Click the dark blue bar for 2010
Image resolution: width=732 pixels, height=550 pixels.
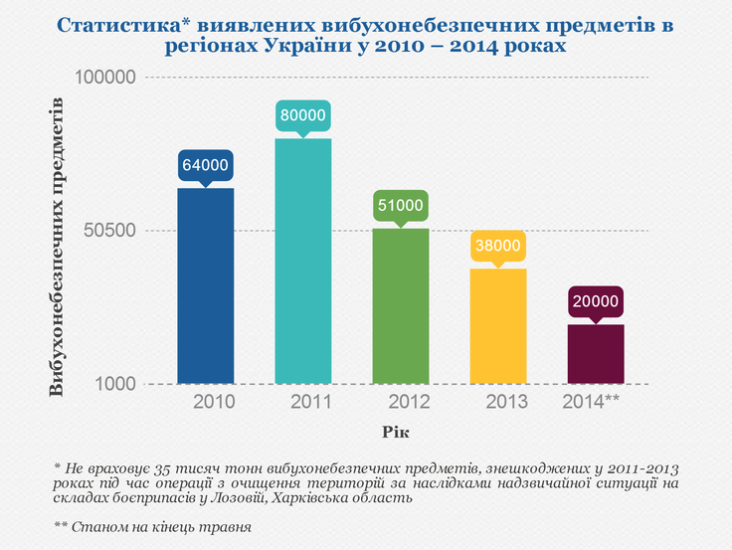click(x=206, y=286)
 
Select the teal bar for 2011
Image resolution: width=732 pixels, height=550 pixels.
click(x=303, y=261)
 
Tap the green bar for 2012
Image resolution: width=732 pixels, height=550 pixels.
click(x=401, y=306)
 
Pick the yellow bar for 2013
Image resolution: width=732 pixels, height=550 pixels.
click(x=498, y=326)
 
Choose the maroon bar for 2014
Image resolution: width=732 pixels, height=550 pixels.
click(x=596, y=354)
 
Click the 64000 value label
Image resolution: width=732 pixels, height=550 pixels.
click(x=206, y=165)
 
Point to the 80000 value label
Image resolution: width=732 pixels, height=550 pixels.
click(x=303, y=115)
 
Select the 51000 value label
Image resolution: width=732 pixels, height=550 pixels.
click(x=401, y=206)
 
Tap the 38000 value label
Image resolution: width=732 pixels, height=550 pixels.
click(x=498, y=246)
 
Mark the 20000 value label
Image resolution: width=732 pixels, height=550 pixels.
click(x=596, y=301)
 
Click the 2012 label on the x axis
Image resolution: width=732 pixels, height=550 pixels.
click(x=410, y=403)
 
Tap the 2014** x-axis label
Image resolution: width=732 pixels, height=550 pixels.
click(x=605, y=403)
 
